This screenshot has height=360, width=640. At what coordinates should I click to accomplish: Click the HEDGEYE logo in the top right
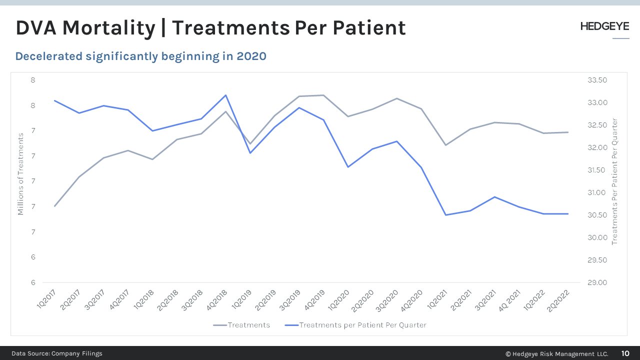tap(604, 27)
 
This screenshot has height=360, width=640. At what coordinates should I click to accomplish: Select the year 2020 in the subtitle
tap(251, 56)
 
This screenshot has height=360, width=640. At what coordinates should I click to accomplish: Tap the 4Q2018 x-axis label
tap(216, 300)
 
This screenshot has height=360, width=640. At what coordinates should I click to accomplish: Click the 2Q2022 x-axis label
tap(558, 300)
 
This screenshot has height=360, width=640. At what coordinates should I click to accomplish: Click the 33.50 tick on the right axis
tap(596, 80)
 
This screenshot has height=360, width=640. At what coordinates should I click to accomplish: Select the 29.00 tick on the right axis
tap(596, 283)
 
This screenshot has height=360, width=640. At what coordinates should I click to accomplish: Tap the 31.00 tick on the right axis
tap(596, 193)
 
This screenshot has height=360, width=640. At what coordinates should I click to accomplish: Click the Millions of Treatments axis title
tap(21, 174)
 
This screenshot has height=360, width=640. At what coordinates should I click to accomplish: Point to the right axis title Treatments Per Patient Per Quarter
tap(615, 181)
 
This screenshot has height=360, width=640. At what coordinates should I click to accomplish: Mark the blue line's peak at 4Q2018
tap(225, 95)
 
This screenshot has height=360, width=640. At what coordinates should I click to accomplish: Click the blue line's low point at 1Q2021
tap(445, 215)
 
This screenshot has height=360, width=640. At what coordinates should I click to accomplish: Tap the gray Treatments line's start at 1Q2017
tap(54, 206)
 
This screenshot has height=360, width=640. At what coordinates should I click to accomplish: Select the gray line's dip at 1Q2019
tap(250, 144)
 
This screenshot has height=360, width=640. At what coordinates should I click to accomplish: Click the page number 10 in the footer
tap(625, 353)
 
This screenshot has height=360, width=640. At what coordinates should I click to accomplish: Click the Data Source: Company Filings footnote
tap(57, 353)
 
